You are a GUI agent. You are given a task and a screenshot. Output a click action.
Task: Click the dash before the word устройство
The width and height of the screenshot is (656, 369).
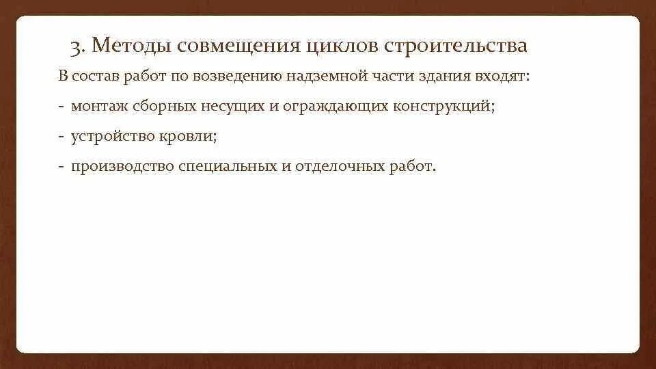pos(61,137)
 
